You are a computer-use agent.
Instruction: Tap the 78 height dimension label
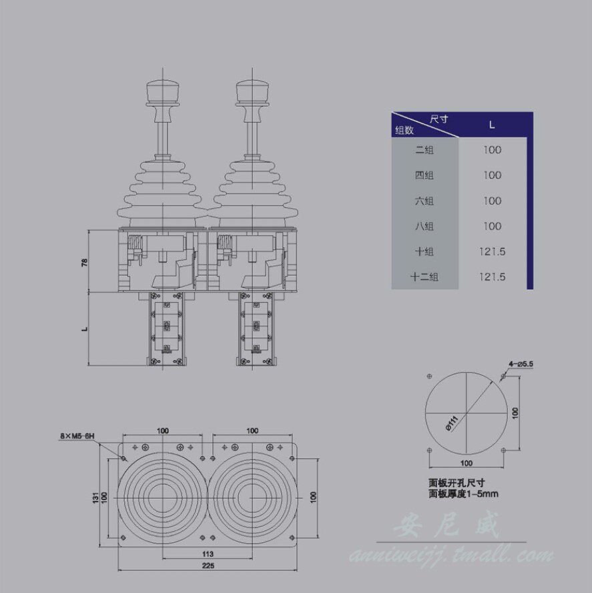coord(85,262)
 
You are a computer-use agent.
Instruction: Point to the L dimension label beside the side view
coord(85,329)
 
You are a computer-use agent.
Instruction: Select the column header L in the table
coord(492,124)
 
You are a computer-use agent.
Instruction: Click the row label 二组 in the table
coord(424,150)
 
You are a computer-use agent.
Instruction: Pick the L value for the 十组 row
coord(492,252)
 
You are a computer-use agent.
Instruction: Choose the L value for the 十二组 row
coord(492,277)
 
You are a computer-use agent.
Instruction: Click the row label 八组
coord(424,226)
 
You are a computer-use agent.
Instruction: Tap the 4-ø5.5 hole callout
coord(521,364)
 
